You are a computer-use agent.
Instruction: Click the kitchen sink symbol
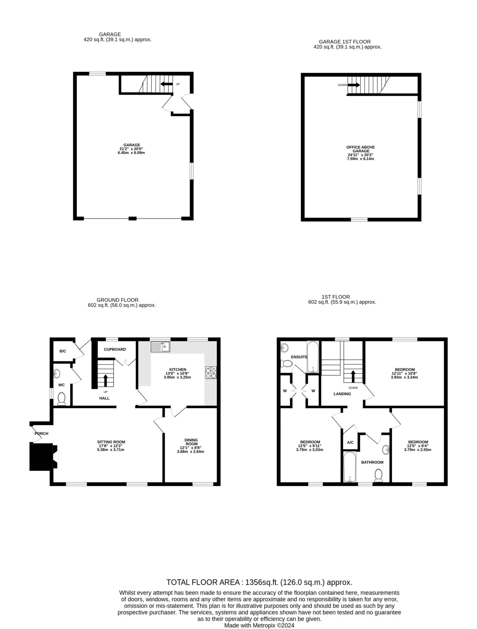point(160,347)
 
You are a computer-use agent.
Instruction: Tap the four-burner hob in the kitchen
point(211,372)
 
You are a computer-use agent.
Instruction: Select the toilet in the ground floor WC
point(62,399)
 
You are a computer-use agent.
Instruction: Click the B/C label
point(63,351)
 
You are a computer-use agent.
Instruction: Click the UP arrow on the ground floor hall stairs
point(105,380)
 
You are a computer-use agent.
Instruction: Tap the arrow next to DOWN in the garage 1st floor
point(354,85)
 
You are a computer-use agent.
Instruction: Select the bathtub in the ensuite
point(313,357)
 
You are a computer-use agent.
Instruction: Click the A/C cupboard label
point(350,443)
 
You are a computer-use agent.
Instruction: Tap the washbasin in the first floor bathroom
point(386,450)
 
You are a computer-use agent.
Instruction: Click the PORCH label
point(41,434)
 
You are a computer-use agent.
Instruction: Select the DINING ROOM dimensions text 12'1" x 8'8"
point(191,448)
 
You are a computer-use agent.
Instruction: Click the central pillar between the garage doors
point(132,218)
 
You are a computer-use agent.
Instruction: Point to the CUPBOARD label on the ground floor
point(115,350)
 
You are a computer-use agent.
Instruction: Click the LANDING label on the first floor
point(342,394)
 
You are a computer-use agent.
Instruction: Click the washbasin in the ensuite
point(285,348)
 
